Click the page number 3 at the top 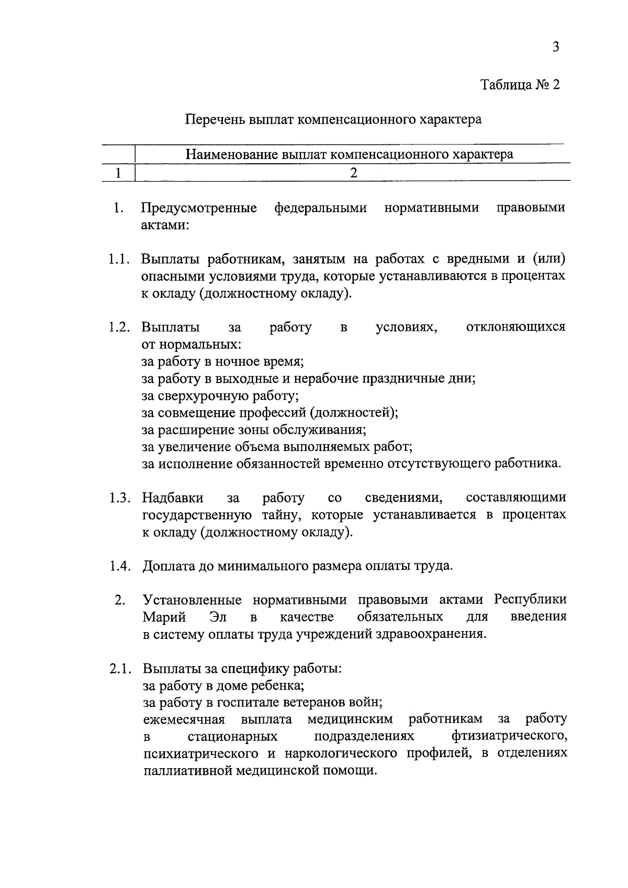pyautogui.click(x=556, y=47)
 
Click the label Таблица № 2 pyautogui.click(x=520, y=85)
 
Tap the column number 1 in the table pyautogui.click(x=118, y=173)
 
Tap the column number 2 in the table pyautogui.click(x=354, y=173)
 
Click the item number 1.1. pyautogui.click(x=119, y=260)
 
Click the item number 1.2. pyautogui.click(x=119, y=328)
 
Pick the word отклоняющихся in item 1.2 pyautogui.click(x=515, y=328)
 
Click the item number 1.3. pyautogui.click(x=119, y=498)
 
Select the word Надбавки pyautogui.click(x=173, y=498)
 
